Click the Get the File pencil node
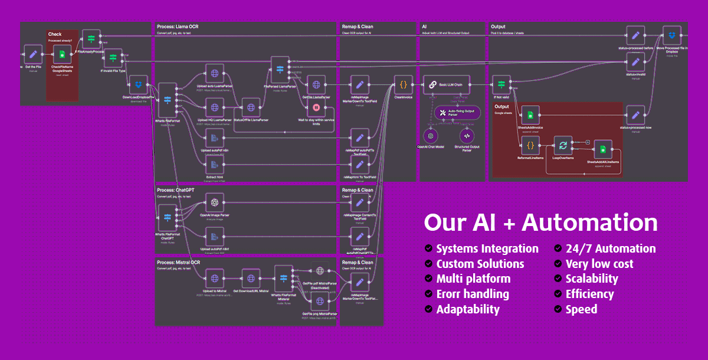coord(33,56)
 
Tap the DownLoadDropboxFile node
coord(138,84)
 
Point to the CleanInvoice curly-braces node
coord(404,84)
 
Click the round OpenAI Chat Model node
coord(431,135)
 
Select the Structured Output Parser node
coord(467,135)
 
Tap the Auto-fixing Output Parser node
coord(457,113)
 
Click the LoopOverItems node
coord(562,146)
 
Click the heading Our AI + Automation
coord(540,223)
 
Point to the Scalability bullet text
coord(592,279)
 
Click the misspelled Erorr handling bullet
coord(473,294)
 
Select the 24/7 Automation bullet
coord(610,248)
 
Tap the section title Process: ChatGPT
coord(179,190)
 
